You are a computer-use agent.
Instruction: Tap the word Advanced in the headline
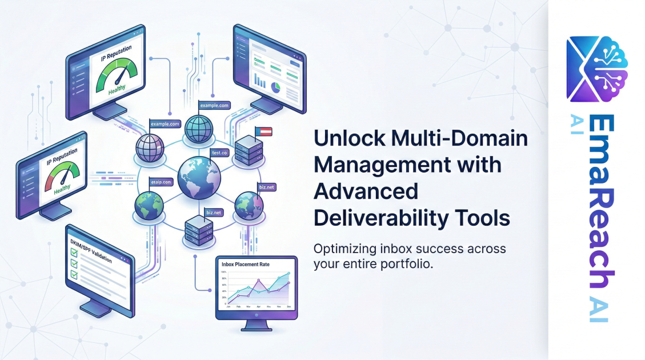click(x=366, y=191)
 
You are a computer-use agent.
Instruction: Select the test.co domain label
click(x=220, y=153)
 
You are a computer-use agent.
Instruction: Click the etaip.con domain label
click(x=161, y=182)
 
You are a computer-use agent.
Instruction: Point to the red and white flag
click(x=263, y=131)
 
